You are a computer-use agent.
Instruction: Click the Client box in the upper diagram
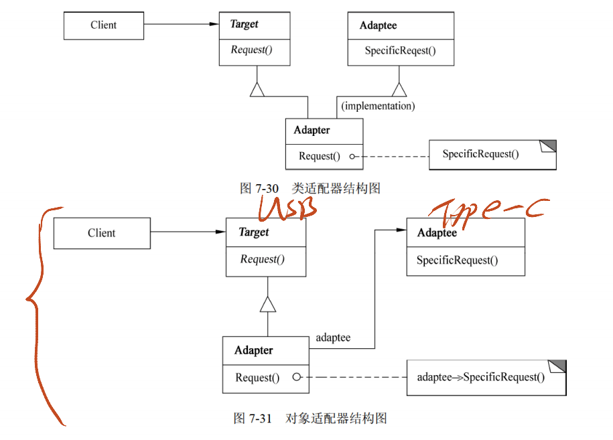pyautogui.click(x=104, y=25)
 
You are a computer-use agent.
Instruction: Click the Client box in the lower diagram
pyautogui.click(x=102, y=233)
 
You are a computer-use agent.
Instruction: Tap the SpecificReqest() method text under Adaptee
pyautogui.click(x=400, y=51)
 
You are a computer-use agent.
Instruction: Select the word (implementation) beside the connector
pyautogui.click(x=378, y=106)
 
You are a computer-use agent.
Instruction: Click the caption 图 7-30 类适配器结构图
pyautogui.click(x=310, y=189)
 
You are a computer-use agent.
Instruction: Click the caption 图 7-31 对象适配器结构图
pyautogui.click(x=310, y=419)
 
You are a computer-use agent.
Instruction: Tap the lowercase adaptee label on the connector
pyautogui.click(x=333, y=338)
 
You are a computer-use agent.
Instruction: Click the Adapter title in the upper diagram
pyautogui.click(x=312, y=130)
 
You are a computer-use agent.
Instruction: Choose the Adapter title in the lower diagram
pyautogui.click(x=254, y=350)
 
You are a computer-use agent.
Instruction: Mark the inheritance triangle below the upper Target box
pyautogui.click(x=257, y=89)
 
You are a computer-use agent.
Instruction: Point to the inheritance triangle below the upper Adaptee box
pyautogui.click(x=399, y=89)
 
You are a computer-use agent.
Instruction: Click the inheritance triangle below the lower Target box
pyautogui.click(x=268, y=304)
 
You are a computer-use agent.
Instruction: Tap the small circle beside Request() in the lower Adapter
pyautogui.click(x=295, y=377)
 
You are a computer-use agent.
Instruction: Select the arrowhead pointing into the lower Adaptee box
pyautogui.click(x=401, y=230)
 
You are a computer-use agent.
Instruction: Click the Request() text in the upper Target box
pyautogui.click(x=251, y=50)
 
